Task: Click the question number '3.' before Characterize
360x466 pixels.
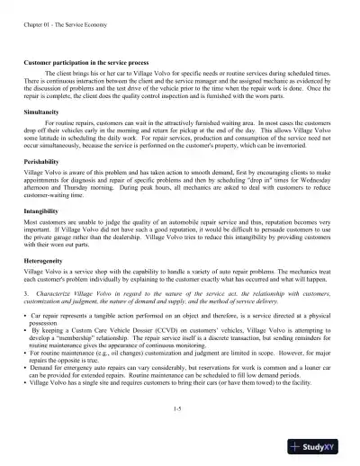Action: pos(26,292)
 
